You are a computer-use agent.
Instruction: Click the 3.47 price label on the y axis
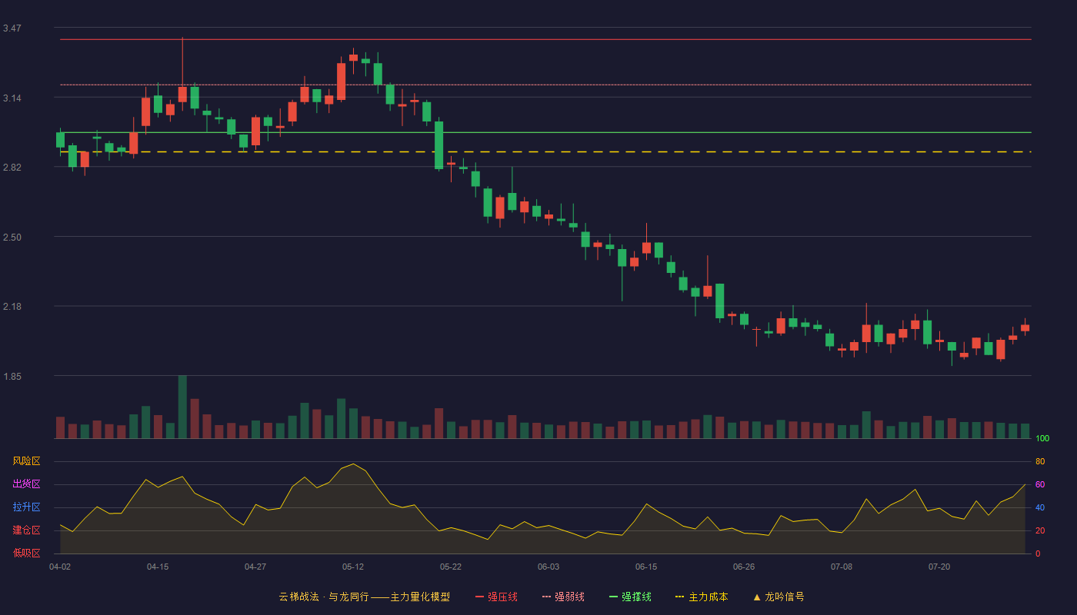tap(12, 28)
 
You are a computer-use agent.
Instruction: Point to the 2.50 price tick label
tap(12, 238)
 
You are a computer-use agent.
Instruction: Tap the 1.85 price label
tap(12, 377)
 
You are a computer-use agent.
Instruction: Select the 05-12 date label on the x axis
tap(353, 567)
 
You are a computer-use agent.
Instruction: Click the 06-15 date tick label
tap(646, 567)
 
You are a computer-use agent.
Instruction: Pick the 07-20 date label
tap(939, 567)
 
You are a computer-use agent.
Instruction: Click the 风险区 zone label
tap(26, 461)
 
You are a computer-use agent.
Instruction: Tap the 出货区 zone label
tap(26, 484)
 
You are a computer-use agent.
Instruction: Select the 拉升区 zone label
tap(26, 507)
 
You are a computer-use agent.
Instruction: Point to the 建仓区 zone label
tap(26, 530)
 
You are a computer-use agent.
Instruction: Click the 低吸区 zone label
tap(26, 553)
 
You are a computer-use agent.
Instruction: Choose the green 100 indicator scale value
tap(1042, 438)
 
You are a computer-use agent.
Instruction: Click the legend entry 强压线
tap(497, 597)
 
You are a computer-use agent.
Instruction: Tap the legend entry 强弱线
tap(563, 597)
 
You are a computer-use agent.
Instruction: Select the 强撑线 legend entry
tap(630, 597)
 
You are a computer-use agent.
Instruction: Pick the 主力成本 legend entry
tap(702, 597)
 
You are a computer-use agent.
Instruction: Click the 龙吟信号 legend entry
tap(779, 597)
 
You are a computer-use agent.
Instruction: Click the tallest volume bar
tap(182, 407)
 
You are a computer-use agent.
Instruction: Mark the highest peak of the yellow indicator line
tap(353, 464)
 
